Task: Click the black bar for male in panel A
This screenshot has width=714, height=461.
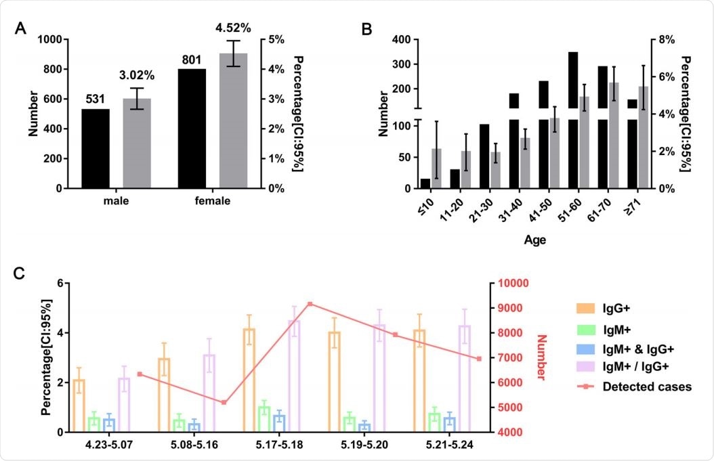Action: click(96, 148)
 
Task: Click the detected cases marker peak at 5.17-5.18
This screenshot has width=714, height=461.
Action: click(310, 304)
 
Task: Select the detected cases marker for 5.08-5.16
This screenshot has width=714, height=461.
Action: click(224, 402)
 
